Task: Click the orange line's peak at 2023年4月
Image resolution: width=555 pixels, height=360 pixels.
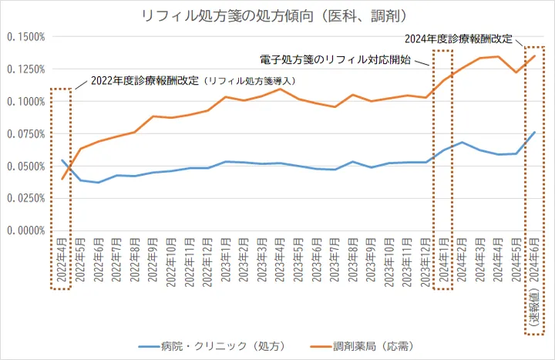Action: click(x=280, y=89)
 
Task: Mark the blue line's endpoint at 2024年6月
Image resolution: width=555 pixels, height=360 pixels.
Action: click(x=534, y=132)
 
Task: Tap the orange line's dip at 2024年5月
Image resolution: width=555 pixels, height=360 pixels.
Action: click(x=516, y=72)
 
